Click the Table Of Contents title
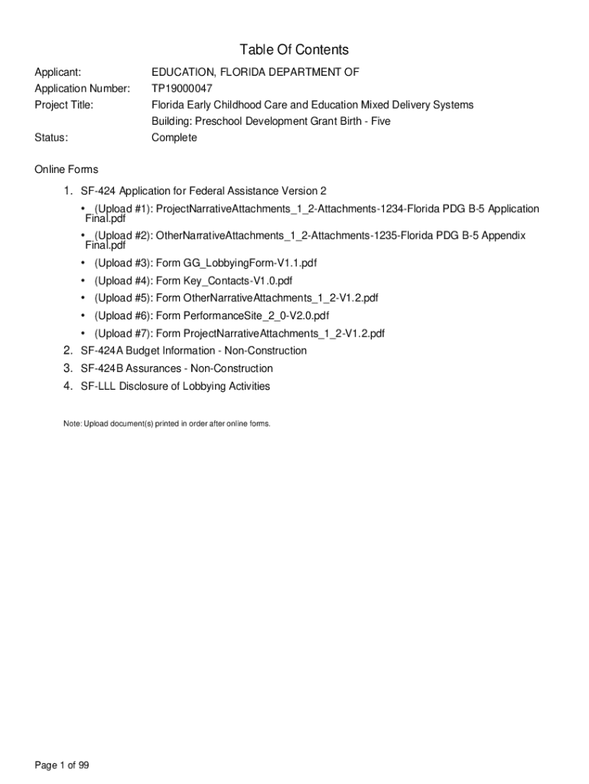294,50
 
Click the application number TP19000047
181,88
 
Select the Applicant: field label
58,72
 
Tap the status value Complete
174,138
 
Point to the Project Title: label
64,105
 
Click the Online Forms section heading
67,169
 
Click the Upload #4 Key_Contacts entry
193,281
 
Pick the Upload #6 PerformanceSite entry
212,315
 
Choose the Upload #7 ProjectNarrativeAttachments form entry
239,333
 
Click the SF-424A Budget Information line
194,351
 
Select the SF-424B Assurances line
177,368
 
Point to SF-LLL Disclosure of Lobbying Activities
175,387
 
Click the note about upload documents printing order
167,423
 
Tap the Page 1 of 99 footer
63,765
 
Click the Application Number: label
82,88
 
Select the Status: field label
51,138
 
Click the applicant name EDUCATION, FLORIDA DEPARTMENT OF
255,72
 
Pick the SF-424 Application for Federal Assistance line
203,191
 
